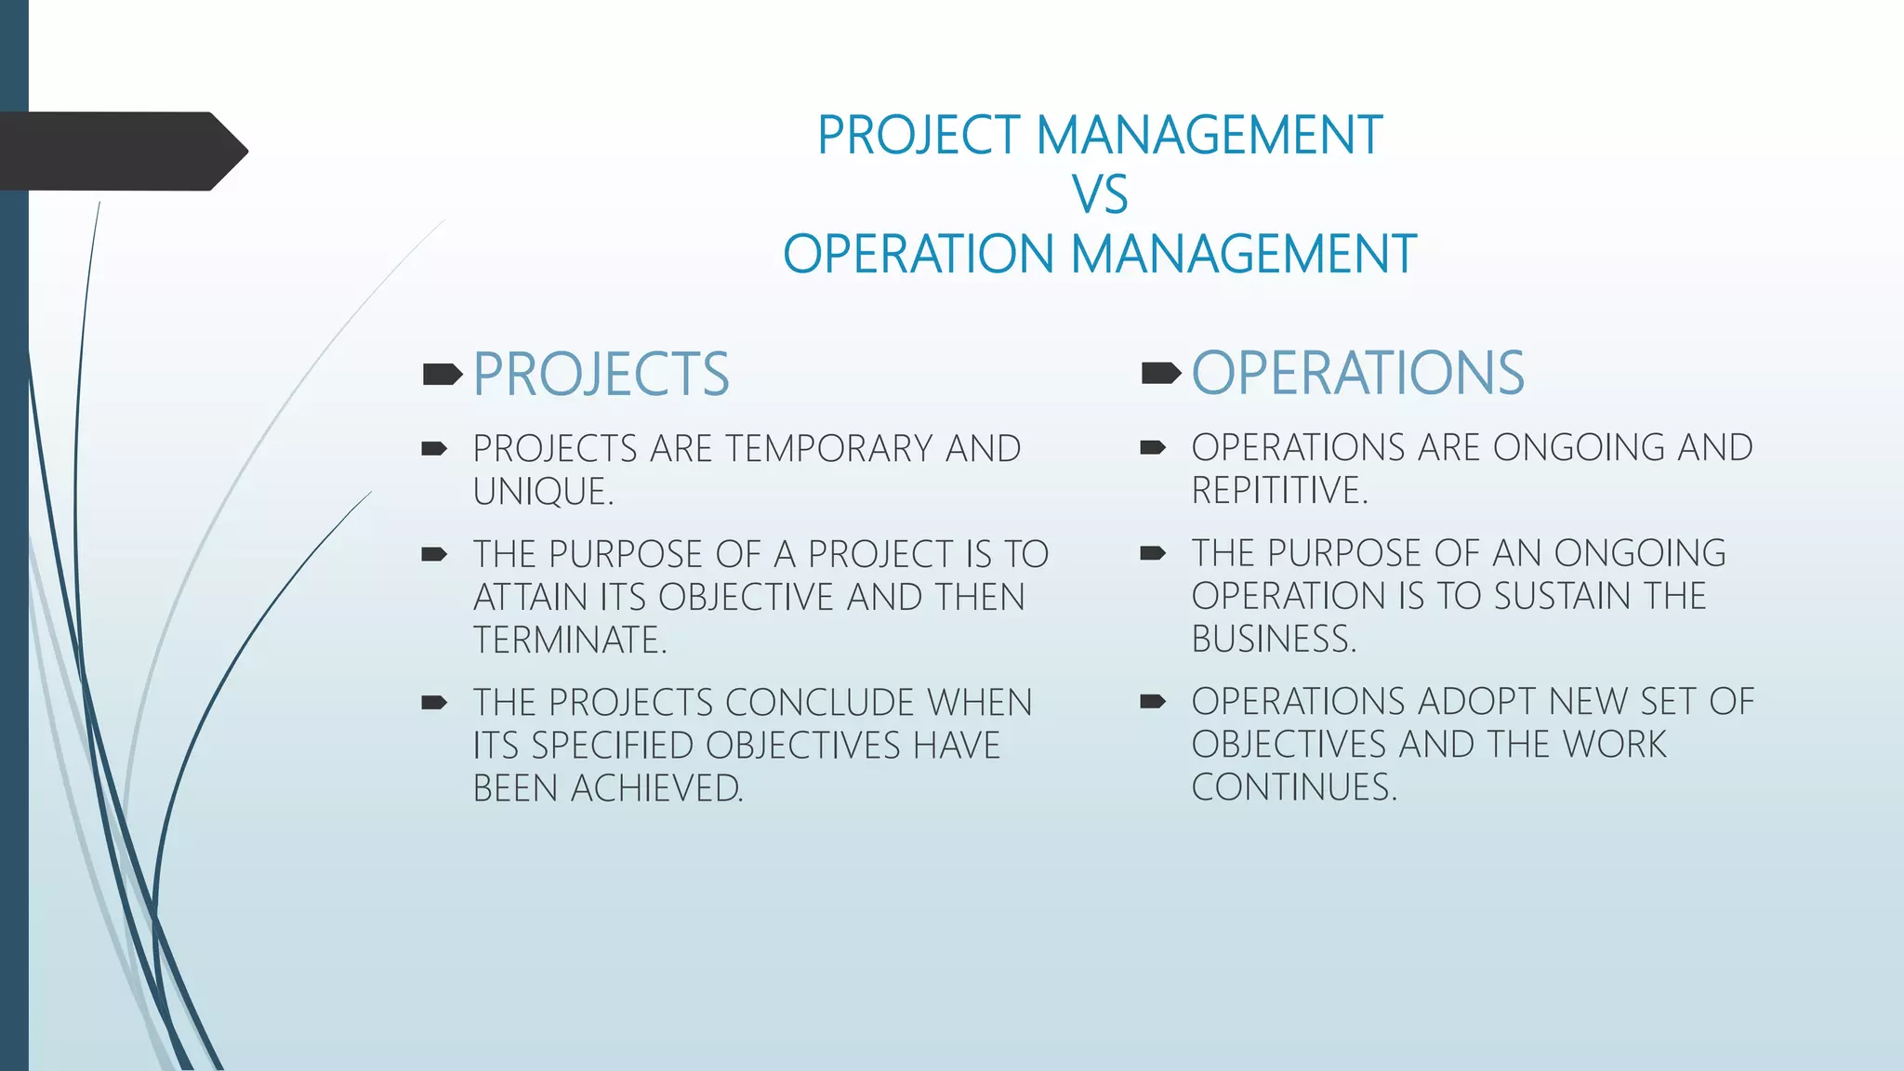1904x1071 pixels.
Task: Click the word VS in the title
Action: pyautogui.click(x=1100, y=195)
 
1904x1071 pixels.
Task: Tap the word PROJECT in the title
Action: pyautogui.click(x=919, y=136)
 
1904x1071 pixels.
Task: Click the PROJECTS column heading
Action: pyautogui.click(x=601, y=375)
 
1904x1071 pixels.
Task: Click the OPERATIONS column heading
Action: pyautogui.click(x=1357, y=374)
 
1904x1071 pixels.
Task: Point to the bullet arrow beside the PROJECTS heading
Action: pyautogui.click(x=442, y=375)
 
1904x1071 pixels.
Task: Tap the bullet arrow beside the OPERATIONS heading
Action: pyautogui.click(x=1160, y=374)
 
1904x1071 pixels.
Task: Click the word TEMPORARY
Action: pyautogui.click(x=827, y=449)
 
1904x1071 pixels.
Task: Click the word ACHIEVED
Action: pyautogui.click(x=655, y=789)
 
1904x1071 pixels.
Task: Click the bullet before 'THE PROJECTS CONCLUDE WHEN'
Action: pyautogui.click(x=434, y=703)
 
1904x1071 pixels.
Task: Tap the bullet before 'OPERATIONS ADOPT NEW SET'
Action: pyautogui.click(x=1153, y=702)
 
